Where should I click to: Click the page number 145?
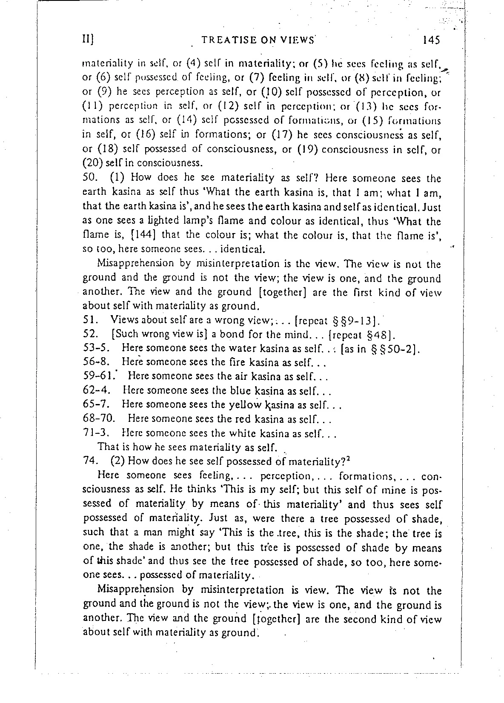[430, 40]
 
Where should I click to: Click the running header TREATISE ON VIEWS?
[258, 40]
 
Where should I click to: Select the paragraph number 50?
[89, 179]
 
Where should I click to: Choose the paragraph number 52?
[89, 333]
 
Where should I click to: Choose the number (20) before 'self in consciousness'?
[90, 163]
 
